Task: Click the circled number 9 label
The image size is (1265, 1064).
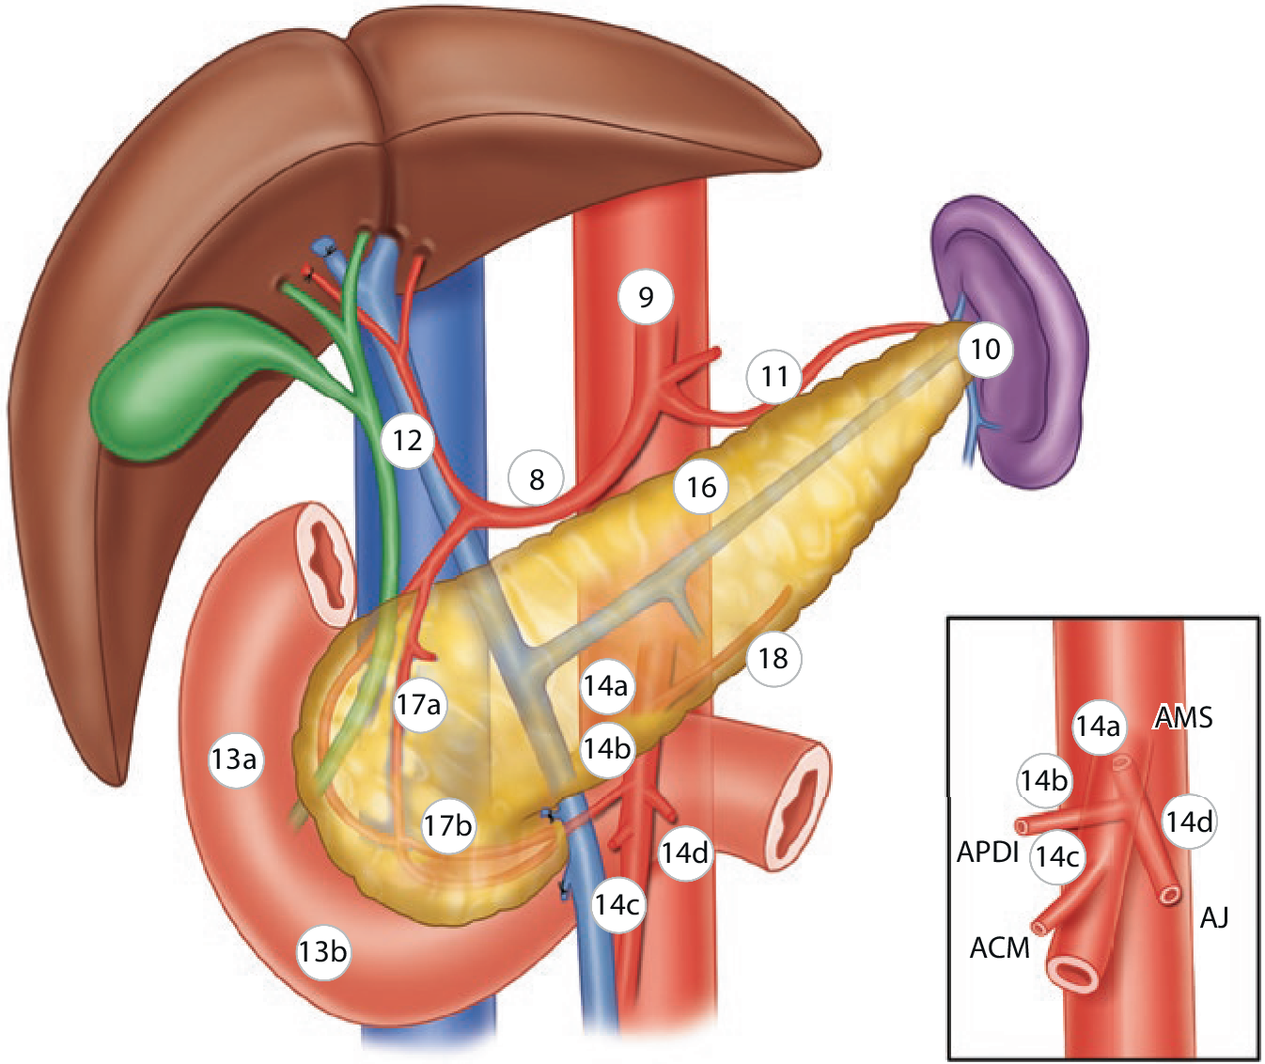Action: pos(646,297)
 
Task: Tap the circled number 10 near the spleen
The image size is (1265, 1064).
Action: pos(985,350)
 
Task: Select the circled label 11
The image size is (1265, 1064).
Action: pos(774,376)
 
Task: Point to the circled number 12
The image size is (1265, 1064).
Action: pos(408,441)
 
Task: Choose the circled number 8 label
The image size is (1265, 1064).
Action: pos(537,479)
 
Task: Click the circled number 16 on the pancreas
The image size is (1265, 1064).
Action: pos(701,487)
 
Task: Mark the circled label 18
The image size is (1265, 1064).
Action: pos(773,658)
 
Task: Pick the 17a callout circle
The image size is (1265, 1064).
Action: pos(418,705)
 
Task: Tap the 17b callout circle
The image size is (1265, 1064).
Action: pos(447,825)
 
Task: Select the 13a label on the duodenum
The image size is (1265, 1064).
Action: pos(236,759)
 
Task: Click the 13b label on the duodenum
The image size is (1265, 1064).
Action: pos(323,952)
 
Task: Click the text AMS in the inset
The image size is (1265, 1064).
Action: pos(1183,717)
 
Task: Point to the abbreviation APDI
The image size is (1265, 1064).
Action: pos(988,852)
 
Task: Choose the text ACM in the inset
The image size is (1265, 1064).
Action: pos(1000,948)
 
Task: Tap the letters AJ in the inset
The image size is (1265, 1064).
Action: pos(1214,918)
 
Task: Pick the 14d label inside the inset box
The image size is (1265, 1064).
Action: pos(1189,821)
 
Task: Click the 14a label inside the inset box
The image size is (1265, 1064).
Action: pos(1099,726)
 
